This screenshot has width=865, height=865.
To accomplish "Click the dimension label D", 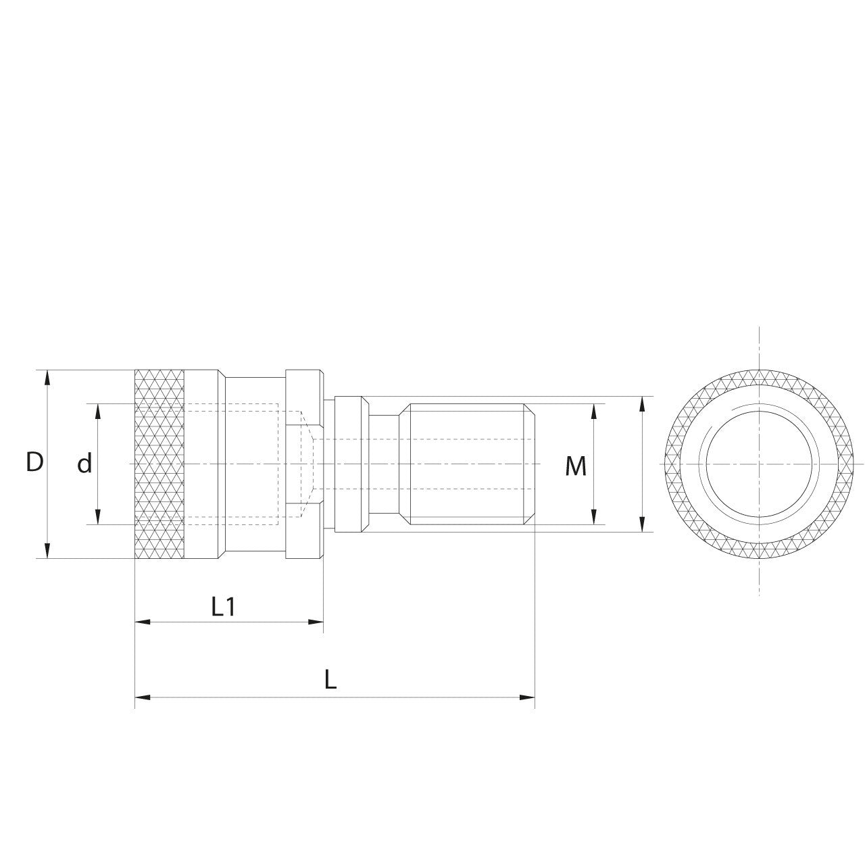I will click(x=34, y=463).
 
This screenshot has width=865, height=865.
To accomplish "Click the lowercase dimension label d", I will click(x=84, y=464).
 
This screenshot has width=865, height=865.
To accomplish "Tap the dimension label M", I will click(x=575, y=466).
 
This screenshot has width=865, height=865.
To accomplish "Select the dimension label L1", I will click(x=223, y=608).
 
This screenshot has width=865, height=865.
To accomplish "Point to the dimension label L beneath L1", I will click(x=330, y=680).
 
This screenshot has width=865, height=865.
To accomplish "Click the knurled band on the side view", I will click(x=159, y=464).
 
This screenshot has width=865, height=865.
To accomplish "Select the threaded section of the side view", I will click(x=466, y=464).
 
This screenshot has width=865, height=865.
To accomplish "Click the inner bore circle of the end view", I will click(x=759, y=464).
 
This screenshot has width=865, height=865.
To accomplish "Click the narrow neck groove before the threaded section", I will click(x=385, y=464).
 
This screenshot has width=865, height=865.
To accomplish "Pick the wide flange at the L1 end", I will click(x=304, y=464).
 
